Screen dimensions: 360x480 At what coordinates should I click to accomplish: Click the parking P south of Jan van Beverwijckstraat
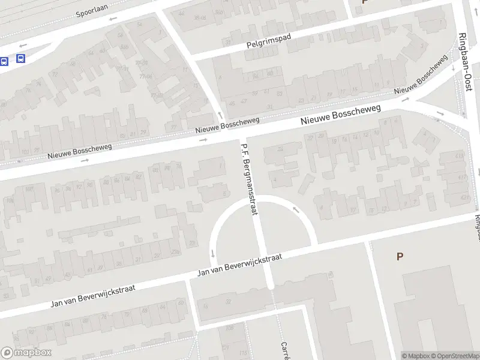pyautogui.click(x=400, y=256)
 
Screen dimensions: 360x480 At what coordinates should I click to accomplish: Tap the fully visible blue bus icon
pyautogui.click(x=20, y=59)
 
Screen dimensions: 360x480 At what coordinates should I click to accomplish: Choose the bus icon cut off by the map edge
pyautogui.click(x=4, y=61)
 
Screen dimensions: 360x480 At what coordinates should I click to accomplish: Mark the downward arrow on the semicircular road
pyautogui.click(x=213, y=253)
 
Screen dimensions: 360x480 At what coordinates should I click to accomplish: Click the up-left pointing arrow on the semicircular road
pyautogui.click(x=295, y=209)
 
